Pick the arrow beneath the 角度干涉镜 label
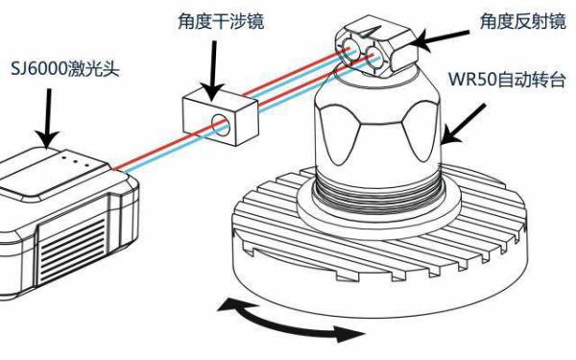(211, 59)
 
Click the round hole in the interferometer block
(221, 124)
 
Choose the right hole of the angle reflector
(377, 60)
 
